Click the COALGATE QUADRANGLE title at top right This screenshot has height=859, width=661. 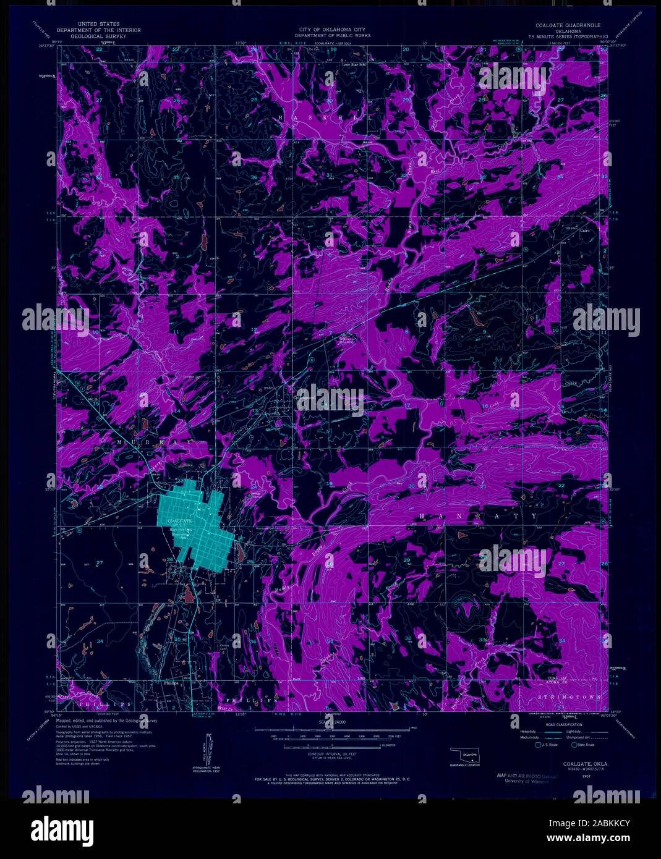568,25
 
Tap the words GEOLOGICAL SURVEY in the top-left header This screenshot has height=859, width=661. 98,35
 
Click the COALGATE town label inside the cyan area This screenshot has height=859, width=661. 179,522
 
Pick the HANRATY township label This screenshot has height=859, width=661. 478,515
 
